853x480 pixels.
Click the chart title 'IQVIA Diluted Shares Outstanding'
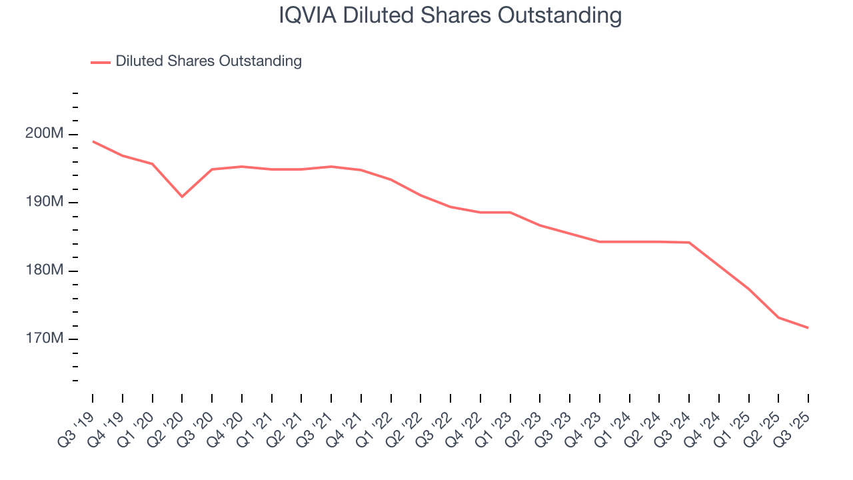tap(450, 15)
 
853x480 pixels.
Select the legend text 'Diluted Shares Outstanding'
tap(209, 61)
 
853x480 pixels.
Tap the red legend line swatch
tap(101, 62)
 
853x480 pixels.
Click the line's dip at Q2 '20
tap(182, 197)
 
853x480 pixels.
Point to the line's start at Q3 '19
tap(93, 141)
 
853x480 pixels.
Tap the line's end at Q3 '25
tap(808, 327)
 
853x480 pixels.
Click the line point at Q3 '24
tap(688, 242)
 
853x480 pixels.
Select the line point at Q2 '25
tap(778, 317)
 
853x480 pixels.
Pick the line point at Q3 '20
tap(212, 169)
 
